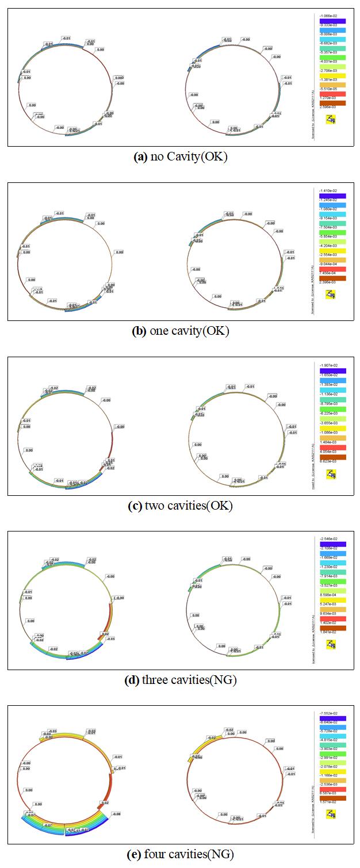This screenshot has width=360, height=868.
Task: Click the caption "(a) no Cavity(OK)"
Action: tap(180, 156)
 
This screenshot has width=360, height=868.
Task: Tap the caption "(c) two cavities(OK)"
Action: tap(180, 506)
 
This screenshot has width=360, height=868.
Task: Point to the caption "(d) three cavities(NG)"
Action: tap(180, 680)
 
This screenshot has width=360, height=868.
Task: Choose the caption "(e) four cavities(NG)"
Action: tap(180, 854)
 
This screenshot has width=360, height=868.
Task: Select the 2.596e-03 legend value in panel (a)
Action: tap(329, 108)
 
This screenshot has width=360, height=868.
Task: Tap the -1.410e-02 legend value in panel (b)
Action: tap(329, 190)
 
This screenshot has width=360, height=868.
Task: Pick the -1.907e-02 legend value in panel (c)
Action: tap(329, 365)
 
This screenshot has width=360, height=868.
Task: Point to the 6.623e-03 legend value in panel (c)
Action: tap(329, 462)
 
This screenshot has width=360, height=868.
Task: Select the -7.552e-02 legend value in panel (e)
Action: tap(329, 713)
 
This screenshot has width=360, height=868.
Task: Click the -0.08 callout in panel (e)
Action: tap(116, 815)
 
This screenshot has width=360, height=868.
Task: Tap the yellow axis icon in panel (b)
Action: tap(331, 295)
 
